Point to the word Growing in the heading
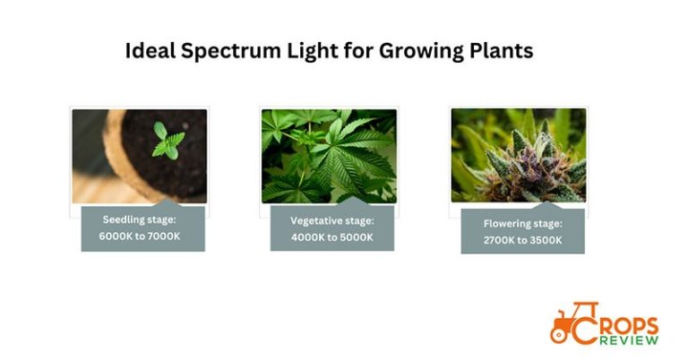pos(417,52)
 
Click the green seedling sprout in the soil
pos(167,141)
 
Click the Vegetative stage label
pos(331,220)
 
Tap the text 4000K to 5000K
pos(331,236)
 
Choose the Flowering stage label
pos(522,224)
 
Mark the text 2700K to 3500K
pos(522,240)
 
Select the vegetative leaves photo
pos(329,154)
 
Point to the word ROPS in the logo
pos(630,325)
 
